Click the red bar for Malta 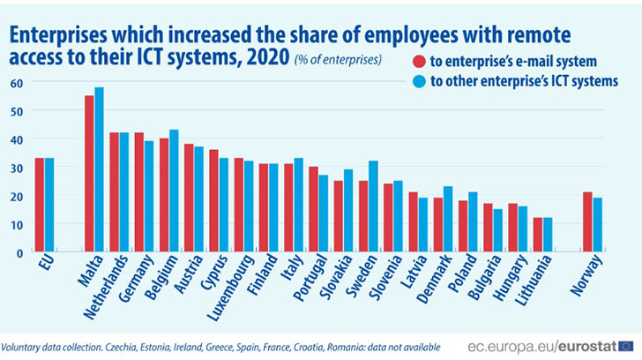coord(89,174)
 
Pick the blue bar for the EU coord(49,206)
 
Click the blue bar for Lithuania coord(548,235)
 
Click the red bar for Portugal coord(314,209)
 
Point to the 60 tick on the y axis coord(15,82)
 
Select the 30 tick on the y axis coord(15,168)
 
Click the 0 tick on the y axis coord(18,252)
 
